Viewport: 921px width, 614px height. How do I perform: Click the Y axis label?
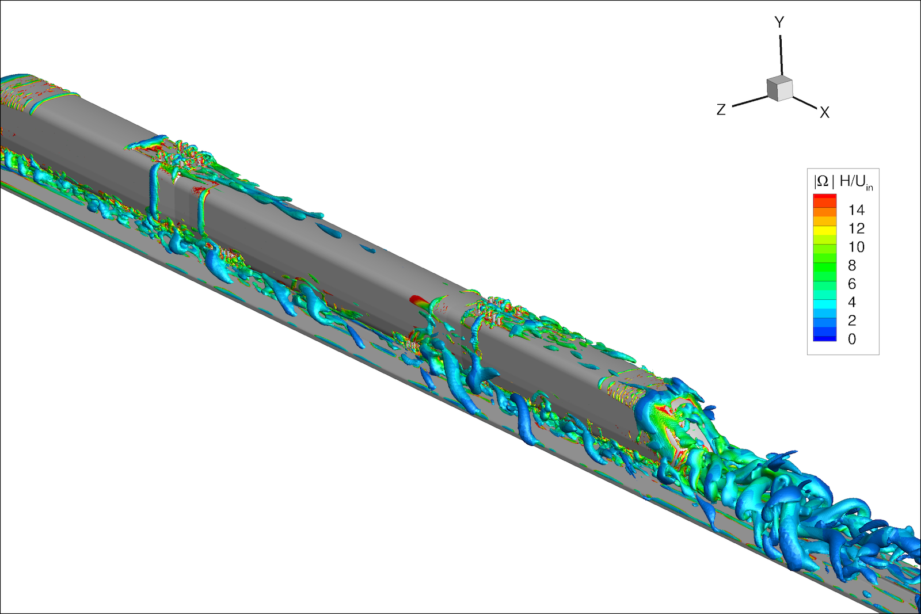click(x=779, y=22)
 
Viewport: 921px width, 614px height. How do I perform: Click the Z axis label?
click(x=721, y=110)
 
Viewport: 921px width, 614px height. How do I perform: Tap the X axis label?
click(x=824, y=112)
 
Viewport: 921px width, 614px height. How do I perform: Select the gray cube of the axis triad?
click(x=779, y=88)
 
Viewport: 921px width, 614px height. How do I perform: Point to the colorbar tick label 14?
click(x=857, y=210)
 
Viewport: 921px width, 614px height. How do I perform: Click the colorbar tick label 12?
click(x=857, y=228)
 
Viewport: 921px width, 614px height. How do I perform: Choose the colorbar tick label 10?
click(x=857, y=247)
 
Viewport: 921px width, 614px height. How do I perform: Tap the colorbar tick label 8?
click(x=852, y=265)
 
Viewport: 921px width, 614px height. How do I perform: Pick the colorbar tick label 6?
click(x=852, y=284)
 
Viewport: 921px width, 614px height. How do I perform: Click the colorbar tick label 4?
click(x=852, y=303)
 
